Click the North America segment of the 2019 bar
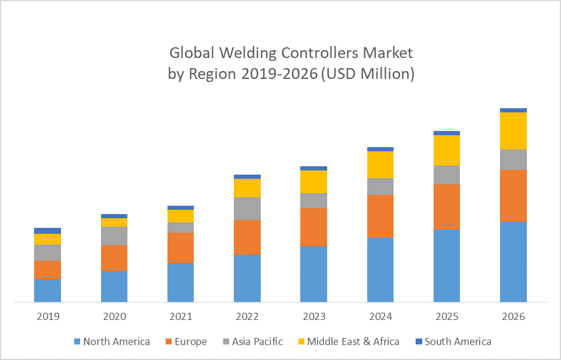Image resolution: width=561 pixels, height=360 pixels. click(48, 291)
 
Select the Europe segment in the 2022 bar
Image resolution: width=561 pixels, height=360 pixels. click(247, 237)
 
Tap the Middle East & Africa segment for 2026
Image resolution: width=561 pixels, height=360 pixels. click(513, 130)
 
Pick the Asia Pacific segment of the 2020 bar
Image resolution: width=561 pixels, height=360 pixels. click(114, 236)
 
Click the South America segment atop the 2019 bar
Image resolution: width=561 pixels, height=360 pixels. click(48, 231)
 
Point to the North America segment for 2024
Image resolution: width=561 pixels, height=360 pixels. click(380, 270)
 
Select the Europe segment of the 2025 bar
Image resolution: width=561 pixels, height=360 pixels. click(447, 206)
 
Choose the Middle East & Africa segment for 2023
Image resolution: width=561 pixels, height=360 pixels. click(314, 182)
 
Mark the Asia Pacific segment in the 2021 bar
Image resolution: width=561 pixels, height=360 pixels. click(181, 227)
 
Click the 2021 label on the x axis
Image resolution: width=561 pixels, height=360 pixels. click(181, 316)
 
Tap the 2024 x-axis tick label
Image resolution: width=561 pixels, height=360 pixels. click(380, 316)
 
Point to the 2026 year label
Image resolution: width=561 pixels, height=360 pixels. click(513, 316)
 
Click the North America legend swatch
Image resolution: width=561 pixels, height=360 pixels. click(77, 342)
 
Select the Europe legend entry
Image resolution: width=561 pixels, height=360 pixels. click(191, 342)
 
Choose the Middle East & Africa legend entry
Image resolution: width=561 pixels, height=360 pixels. click(352, 342)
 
